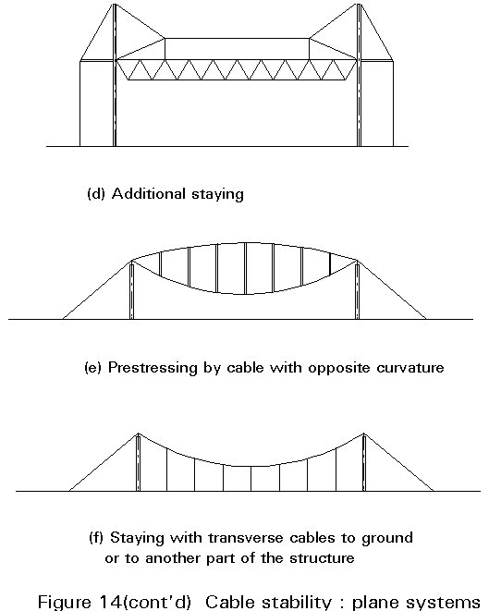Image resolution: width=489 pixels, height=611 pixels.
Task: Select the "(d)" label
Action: click(96, 194)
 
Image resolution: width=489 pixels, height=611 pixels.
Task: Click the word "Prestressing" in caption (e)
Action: click(153, 368)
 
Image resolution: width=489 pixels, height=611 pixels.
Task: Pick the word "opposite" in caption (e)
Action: click(339, 369)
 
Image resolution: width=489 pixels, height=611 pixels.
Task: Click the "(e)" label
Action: click(92, 368)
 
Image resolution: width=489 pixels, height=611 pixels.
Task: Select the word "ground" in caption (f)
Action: click(387, 539)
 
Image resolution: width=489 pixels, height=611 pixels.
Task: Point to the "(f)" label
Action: click(96, 538)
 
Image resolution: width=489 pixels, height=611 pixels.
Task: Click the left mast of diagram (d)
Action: click(115, 75)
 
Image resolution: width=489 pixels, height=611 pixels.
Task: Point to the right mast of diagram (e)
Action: click(357, 289)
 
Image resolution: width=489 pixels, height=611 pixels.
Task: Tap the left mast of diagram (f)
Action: click(138, 462)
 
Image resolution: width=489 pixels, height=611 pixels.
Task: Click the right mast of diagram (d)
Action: click(359, 75)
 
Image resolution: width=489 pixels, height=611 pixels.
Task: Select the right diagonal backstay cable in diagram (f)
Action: click(399, 462)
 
